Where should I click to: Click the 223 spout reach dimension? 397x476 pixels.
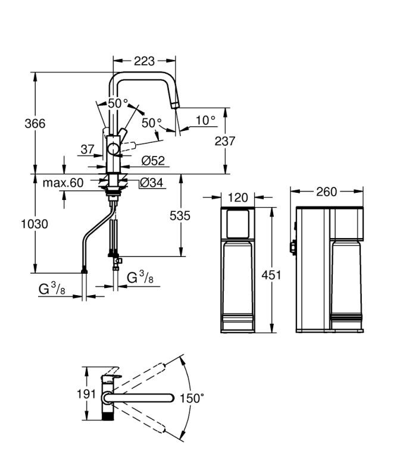pyautogui.click(x=145, y=61)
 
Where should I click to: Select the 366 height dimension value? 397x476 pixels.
pyautogui.click(x=35, y=123)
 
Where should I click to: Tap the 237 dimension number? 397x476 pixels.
pyautogui.click(x=224, y=141)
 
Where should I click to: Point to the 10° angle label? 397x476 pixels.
pyautogui.click(x=205, y=120)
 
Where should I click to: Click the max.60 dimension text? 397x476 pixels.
pyautogui.click(x=63, y=183)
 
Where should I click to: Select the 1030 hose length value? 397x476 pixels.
pyautogui.click(x=34, y=224)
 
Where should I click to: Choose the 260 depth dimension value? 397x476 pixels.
pyautogui.click(x=326, y=192)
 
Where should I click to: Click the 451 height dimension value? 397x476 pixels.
pyautogui.click(x=271, y=275)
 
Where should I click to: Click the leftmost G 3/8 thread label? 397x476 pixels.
pyautogui.click(x=52, y=289)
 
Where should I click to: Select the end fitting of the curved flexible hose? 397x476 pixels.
pyautogui.click(x=84, y=271)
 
